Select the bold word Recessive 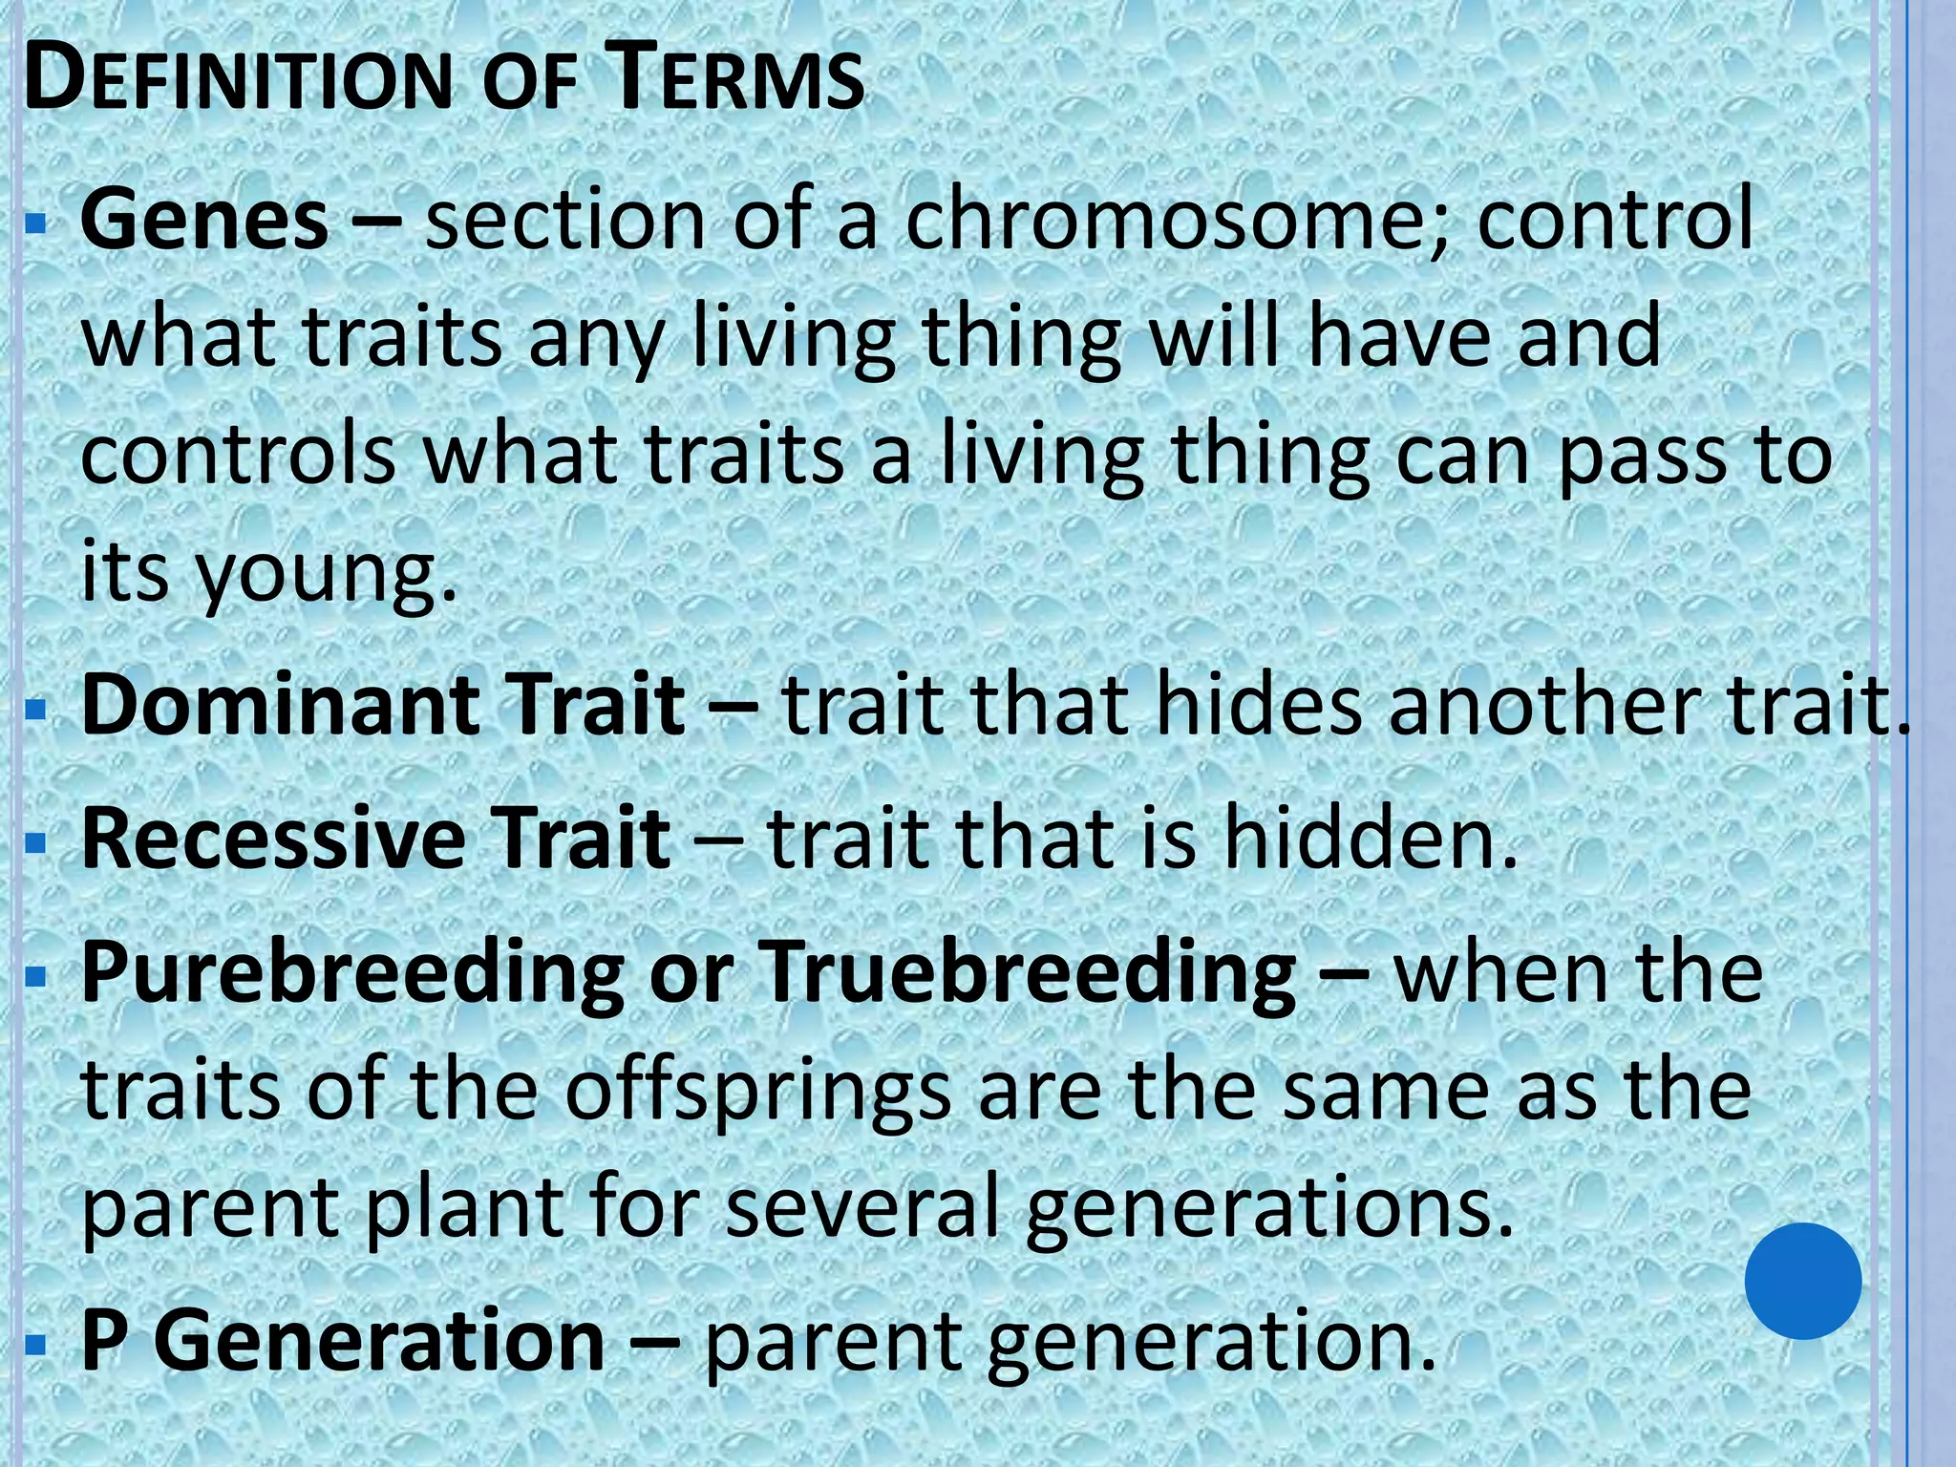point(271,839)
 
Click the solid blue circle point(1802,1281)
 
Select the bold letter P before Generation point(105,1341)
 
